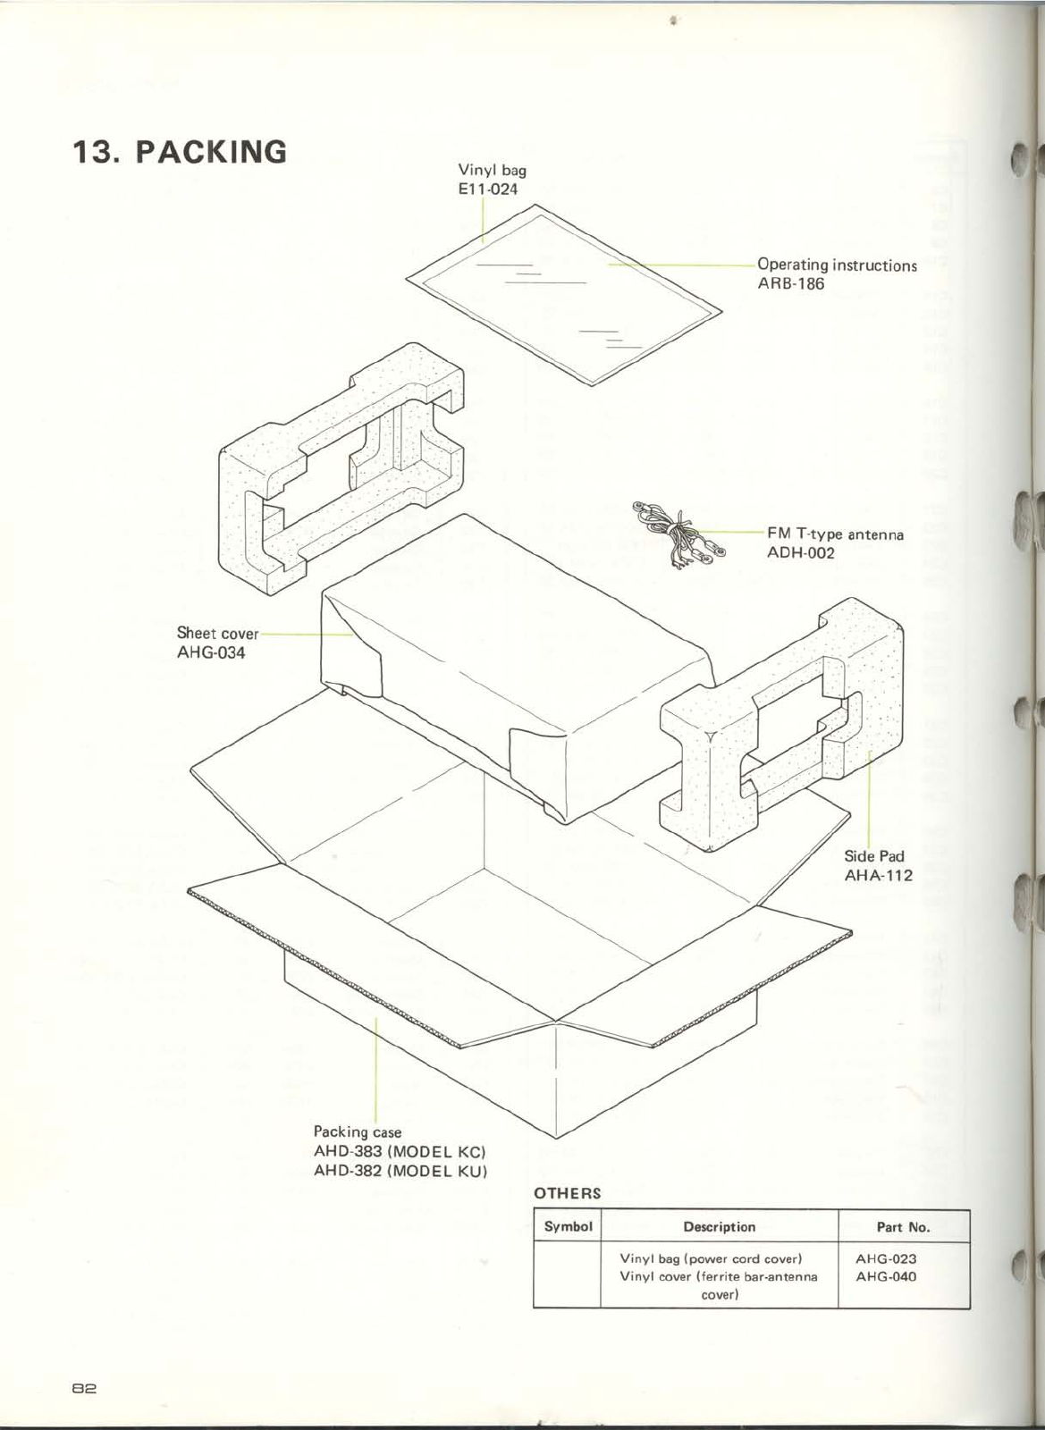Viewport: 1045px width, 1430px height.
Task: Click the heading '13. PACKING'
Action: pos(180,152)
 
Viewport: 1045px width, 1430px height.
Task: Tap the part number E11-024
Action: pos(488,189)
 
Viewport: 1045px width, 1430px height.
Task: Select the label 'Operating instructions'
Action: pos(837,265)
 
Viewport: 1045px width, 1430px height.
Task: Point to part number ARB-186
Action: pos(791,284)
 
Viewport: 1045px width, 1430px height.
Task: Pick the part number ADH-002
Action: pos(801,553)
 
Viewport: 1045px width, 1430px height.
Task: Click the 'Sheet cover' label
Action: pos(217,634)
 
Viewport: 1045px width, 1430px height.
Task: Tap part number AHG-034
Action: pos(211,652)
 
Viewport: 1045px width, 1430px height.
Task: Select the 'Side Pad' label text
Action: pos(874,856)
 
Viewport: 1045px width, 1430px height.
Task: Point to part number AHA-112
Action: pos(879,875)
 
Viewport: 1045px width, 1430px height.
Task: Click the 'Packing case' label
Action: pos(358,1132)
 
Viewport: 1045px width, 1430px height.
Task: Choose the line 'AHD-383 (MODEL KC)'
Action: pos(400,1151)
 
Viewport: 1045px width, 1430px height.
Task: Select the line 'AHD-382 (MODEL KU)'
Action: pos(400,1170)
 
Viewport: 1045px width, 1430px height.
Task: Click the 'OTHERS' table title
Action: pos(567,1193)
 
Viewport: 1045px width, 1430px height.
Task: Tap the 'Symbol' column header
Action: pos(568,1227)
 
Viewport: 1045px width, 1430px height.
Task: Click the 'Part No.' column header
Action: pos(903,1227)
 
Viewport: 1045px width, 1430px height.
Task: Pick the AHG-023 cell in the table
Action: pos(886,1258)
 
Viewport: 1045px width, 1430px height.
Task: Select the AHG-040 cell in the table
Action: pos(886,1276)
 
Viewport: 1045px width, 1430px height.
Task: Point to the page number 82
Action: pos(85,1389)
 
